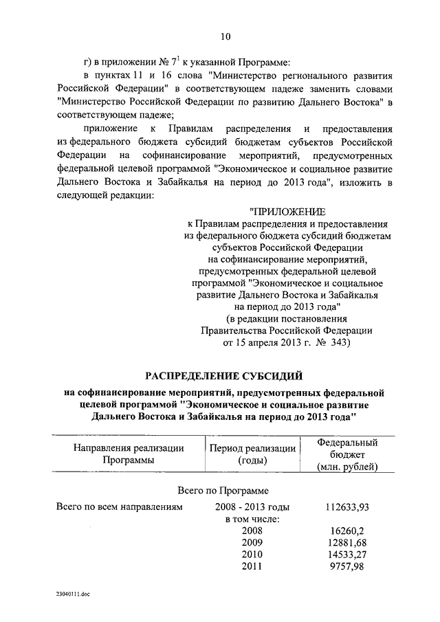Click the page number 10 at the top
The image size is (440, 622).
[x=225, y=36]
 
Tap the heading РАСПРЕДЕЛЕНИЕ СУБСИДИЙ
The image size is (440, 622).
[x=223, y=375]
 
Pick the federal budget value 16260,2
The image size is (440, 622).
[x=347, y=531]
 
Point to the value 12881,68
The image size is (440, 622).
[x=347, y=542]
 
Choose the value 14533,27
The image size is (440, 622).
[x=347, y=554]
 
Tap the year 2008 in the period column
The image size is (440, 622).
[x=252, y=531]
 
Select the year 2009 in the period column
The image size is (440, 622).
[x=252, y=542]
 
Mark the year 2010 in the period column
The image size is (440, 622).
[x=252, y=554]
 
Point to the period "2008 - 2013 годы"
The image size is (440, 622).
[x=252, y=507]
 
